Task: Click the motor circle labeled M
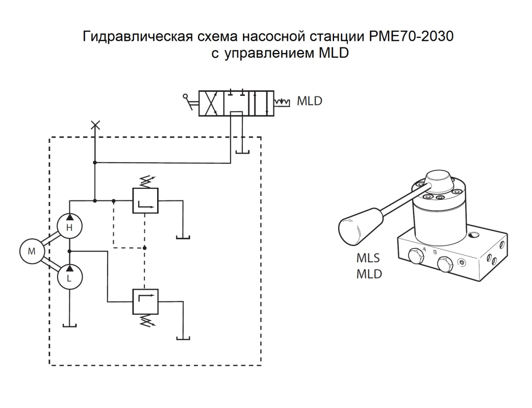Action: pyautogui.click(x=32, y=251)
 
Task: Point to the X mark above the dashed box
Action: pyautogui.click(x=94, y=125)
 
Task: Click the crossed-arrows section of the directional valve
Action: pyautogui.click(x=211, y=103)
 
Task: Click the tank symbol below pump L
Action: pyautogui.click(x=69, y=325)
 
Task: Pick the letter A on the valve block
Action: pyautogui.click(x=424, y=249)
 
